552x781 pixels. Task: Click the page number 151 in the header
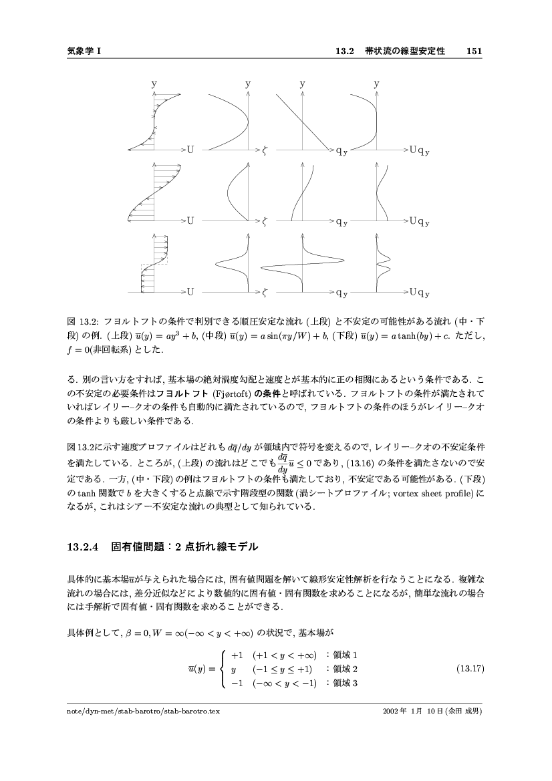pyautogui.click(x=474, y=51)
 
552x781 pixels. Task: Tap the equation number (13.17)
pyautogui.click(x=468, y=668)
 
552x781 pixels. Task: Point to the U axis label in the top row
pyautogui.click(x=191, y=150)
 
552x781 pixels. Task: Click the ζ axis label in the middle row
pyautogui.click(x=265, y=220)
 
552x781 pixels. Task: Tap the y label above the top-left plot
pyautogui.click(x=154, y=84)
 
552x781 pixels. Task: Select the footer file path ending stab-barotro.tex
pyautogui.click(x=143, y=711)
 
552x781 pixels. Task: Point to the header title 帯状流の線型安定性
pyautogui.click(x=404, y=51)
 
